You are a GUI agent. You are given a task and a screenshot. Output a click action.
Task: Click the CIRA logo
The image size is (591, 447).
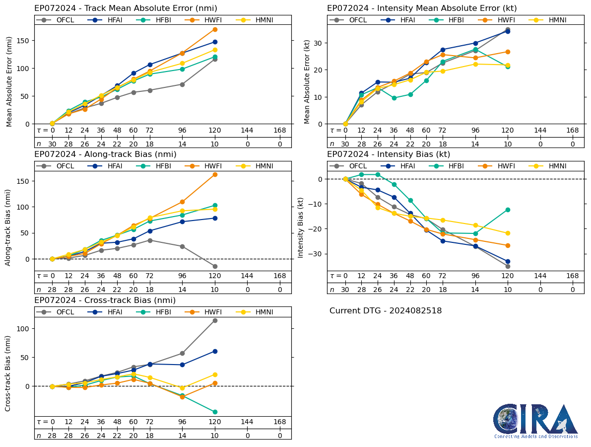[535, 421]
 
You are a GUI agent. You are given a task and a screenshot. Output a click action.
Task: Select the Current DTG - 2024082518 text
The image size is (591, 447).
[385, 311]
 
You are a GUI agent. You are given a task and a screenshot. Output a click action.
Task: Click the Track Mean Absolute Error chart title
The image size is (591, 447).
[126, 8]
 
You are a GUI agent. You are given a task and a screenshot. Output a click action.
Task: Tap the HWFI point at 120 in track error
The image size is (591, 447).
[215, 29]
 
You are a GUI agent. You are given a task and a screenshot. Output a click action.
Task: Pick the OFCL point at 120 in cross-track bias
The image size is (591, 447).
[215, 320]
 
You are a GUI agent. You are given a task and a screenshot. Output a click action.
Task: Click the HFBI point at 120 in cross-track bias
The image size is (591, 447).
[215, 412]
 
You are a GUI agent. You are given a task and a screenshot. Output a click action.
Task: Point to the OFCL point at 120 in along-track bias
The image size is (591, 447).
[215, 266]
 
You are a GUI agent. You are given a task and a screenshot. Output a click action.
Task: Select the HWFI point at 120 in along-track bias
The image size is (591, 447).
[215, 174]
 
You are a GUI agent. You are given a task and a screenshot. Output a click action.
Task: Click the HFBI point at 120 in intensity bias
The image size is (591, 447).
[508, 210]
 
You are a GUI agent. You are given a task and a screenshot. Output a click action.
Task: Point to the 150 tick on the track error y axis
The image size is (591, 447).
[26, 41]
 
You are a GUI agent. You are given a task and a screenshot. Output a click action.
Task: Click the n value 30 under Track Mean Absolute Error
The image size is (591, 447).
[52, 144]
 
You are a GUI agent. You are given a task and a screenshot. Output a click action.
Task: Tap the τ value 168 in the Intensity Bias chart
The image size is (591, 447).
[573, 276]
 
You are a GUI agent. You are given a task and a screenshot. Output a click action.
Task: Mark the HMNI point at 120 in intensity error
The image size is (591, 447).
[508, 65]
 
